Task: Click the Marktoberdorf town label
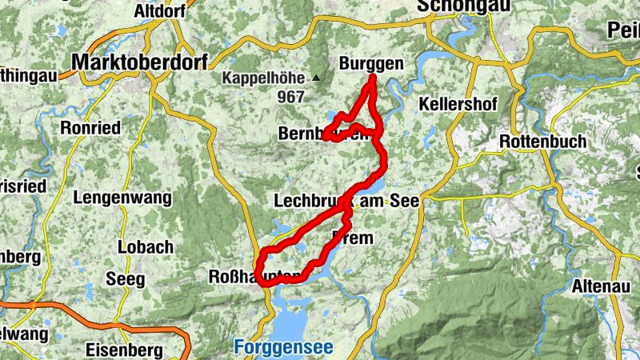click(x=139, y=62)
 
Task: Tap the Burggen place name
click(x=371, y=64)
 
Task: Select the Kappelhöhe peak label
click(x=265, y=78)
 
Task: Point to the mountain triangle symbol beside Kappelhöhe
click(x=317, y=78)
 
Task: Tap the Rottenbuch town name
click(x=542, y=142)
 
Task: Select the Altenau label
click(x=601, y=286)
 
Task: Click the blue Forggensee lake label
click(x=283, y=348)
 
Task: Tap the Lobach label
click(x=140, y=247)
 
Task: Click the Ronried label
click(x=90, y=128)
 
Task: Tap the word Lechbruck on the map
click(x=308, y=201)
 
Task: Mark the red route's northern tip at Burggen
click(x=373, y=78)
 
